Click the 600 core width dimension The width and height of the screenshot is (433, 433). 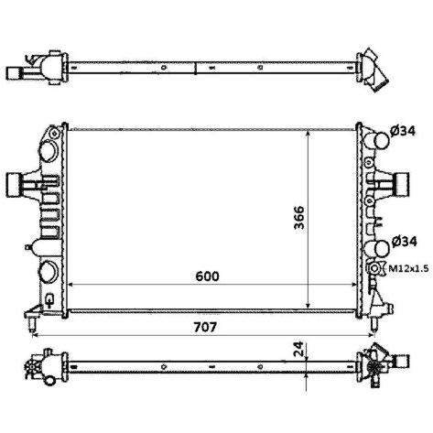tap(207, 276)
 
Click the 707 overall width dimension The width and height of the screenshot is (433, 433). tap(205, 327)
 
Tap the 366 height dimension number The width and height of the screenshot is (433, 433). tap(299, 218)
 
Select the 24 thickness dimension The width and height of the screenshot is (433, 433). tap(299, 349)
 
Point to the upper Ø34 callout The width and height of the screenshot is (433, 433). tap(403, 131)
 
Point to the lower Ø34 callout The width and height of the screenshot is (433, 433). tap(404, 242)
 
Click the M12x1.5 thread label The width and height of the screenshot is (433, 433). tap(408, 268)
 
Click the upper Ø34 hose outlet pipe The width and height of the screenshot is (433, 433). tap(380, 140)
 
